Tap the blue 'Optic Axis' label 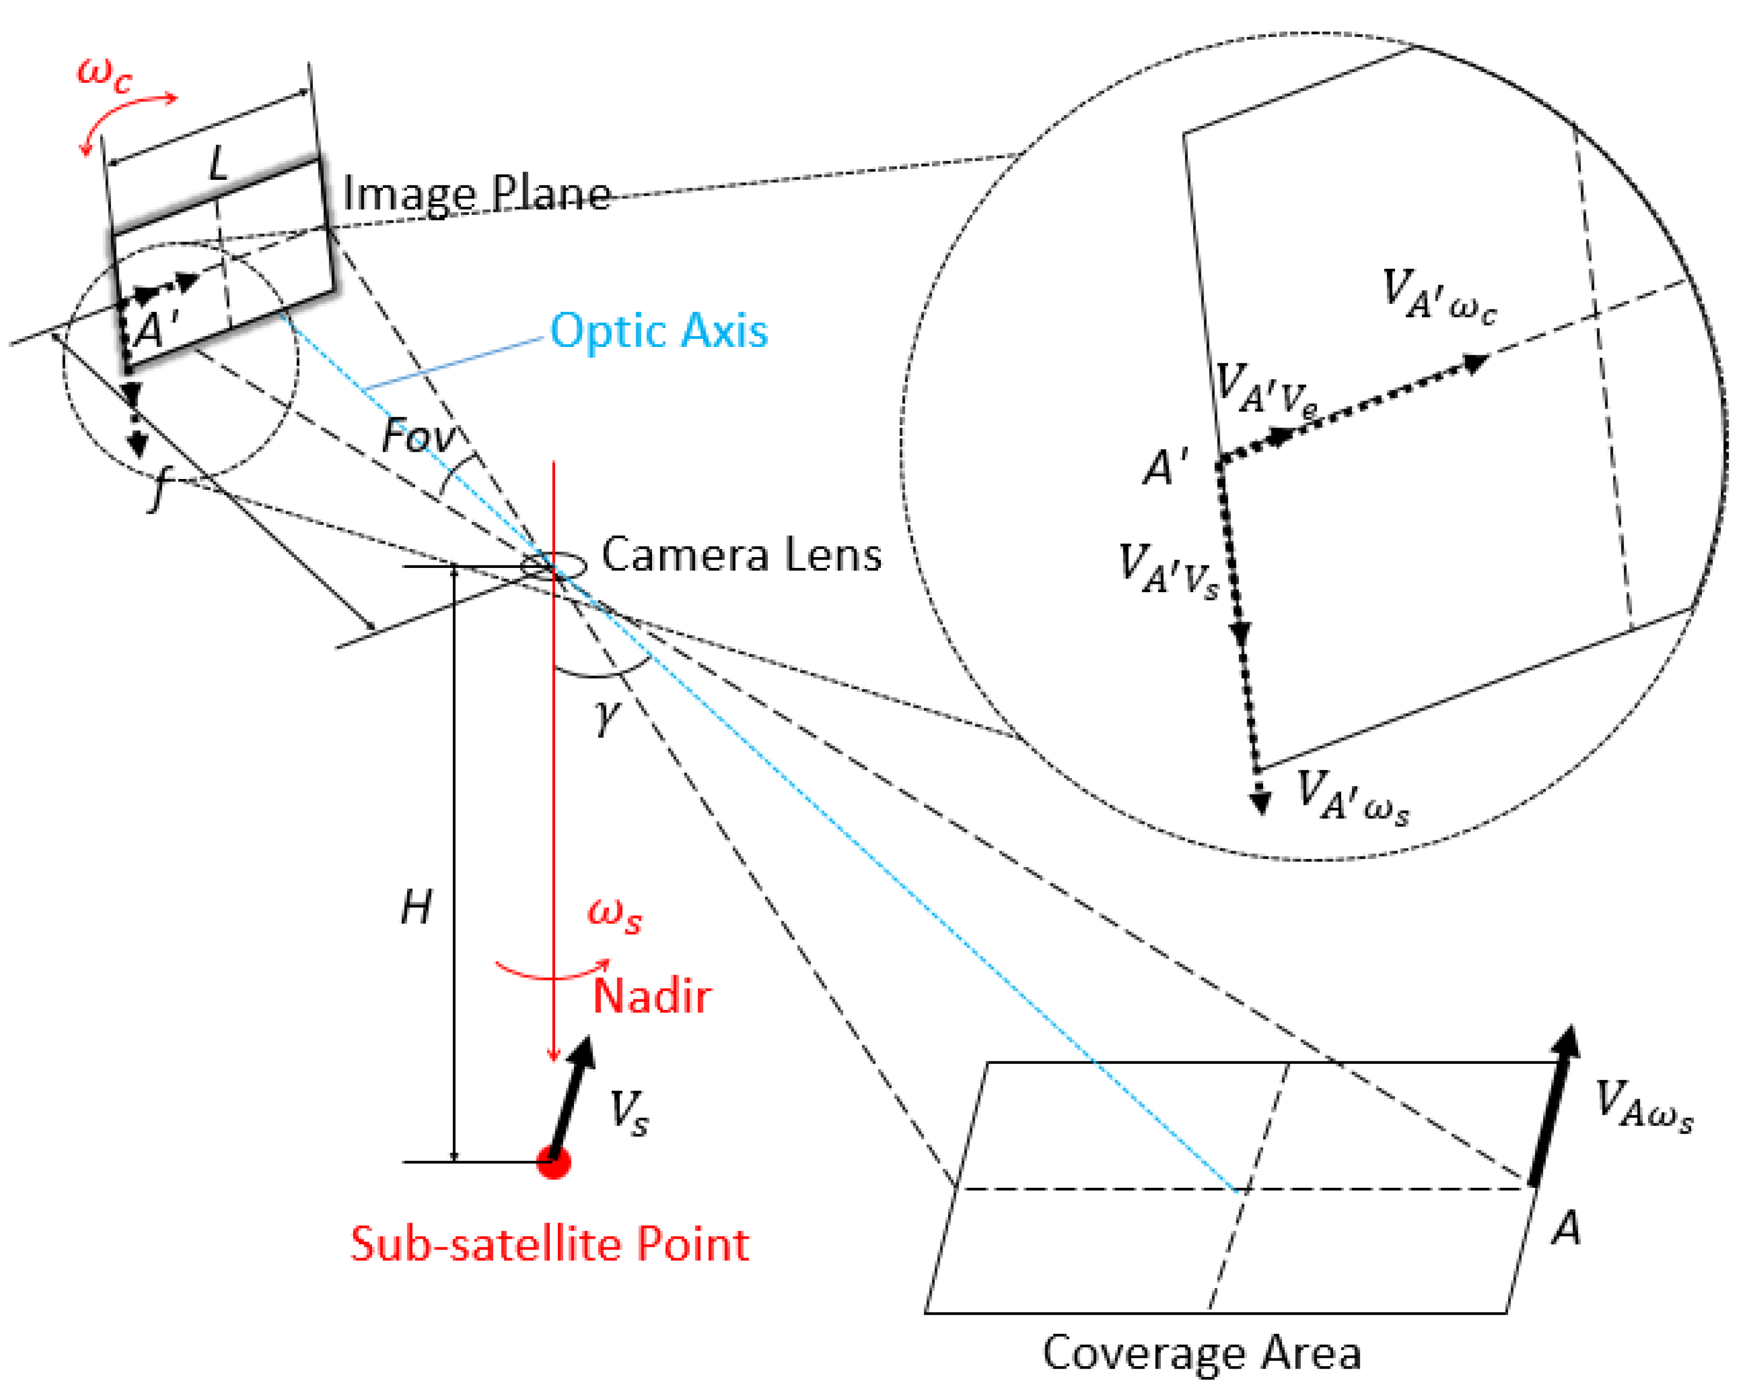pyautogui.click(x=658, y=332)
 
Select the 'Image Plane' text pyautogui.click(x=477, y=194)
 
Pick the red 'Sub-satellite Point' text pyautogui.click(x=549, y=1244)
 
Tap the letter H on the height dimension pyautogui.click(x=416, y=908)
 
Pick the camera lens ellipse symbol pyautogui.click(x=553, y=566)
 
